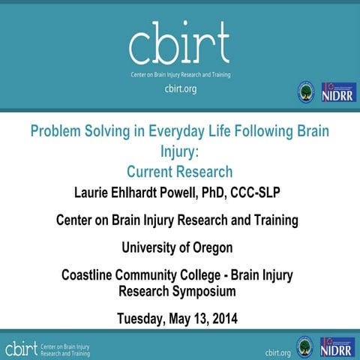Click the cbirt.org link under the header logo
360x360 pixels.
click(x=180, y=88)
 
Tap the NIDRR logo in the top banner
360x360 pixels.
click(x=337, y=91)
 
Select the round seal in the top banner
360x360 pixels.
click(x=307, y=91)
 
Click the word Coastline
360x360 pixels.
click(x=92, y=275)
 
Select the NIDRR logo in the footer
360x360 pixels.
click(x=337, y=347)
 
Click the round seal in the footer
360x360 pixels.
click(x=305, y=347)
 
